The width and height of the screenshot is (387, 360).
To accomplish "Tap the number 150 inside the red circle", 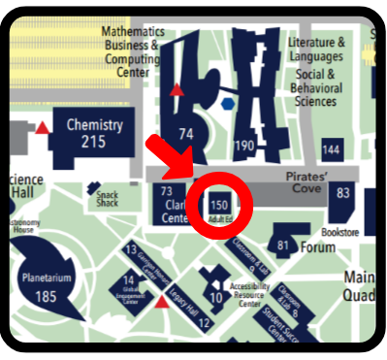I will (x=219, y=205).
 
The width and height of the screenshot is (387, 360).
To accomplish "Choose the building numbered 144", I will (x=332, y=149).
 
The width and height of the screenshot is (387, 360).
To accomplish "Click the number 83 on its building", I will (x=343, y=194).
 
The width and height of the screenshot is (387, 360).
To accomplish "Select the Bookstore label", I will (x=340, y=231).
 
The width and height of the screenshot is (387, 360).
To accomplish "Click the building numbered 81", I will (x=283, y=244).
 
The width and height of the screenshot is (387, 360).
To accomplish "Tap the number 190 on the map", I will (x=244, y=147).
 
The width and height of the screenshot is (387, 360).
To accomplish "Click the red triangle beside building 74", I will (x=176, y=91).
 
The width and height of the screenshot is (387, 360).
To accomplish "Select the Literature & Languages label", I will (x=316, y=50).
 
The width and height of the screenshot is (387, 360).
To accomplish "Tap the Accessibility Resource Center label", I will (x=249, y=294).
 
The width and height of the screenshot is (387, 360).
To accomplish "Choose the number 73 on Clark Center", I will (x=166, y=192).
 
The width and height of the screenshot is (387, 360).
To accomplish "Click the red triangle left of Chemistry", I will (x=42, y=126).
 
